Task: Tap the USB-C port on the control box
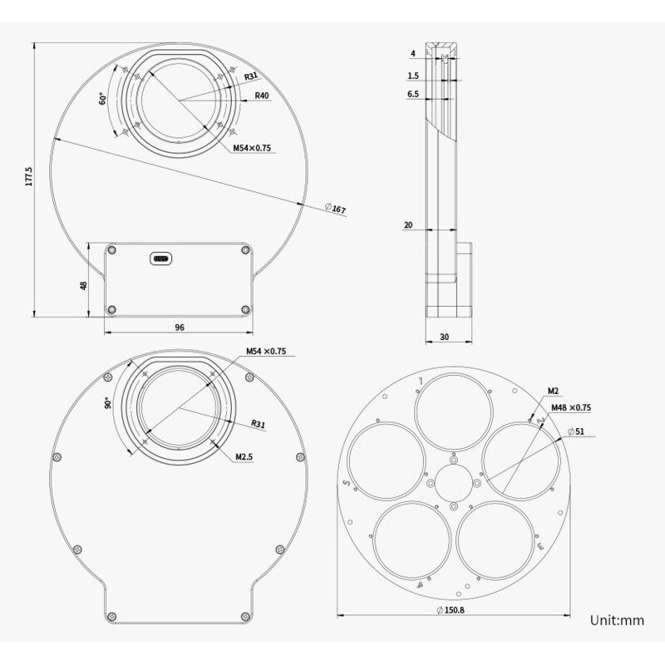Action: pos(161,259)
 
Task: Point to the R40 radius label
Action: pos(262,96)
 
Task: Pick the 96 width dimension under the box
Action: pos(179,328)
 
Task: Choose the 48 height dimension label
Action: pos(83,285)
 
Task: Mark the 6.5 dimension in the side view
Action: pos(413,95)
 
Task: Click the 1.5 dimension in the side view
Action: pos(413,76)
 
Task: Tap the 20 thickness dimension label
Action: pos(408,225)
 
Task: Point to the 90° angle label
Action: pos(107,402)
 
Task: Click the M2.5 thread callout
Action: pos(244,456)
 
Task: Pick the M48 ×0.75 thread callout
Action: pos(571,407)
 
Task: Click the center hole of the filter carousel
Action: pos(453,483)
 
